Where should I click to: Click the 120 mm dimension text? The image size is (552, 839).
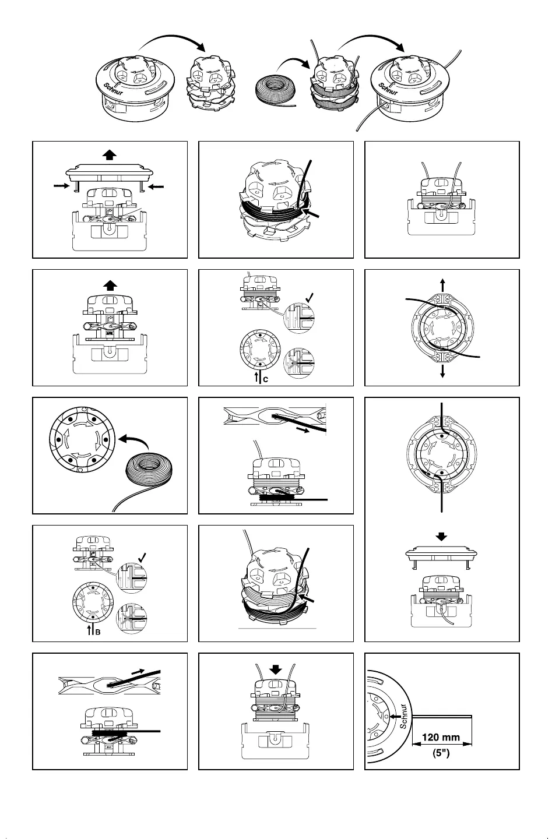[441, 737]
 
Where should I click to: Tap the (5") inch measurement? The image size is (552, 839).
[441, 753]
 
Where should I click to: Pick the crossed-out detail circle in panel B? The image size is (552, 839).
[132, 618]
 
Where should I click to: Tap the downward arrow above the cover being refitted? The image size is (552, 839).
[442, 536]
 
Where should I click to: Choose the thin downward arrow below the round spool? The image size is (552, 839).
[442, 371]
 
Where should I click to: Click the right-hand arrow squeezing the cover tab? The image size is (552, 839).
[156, 186]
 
